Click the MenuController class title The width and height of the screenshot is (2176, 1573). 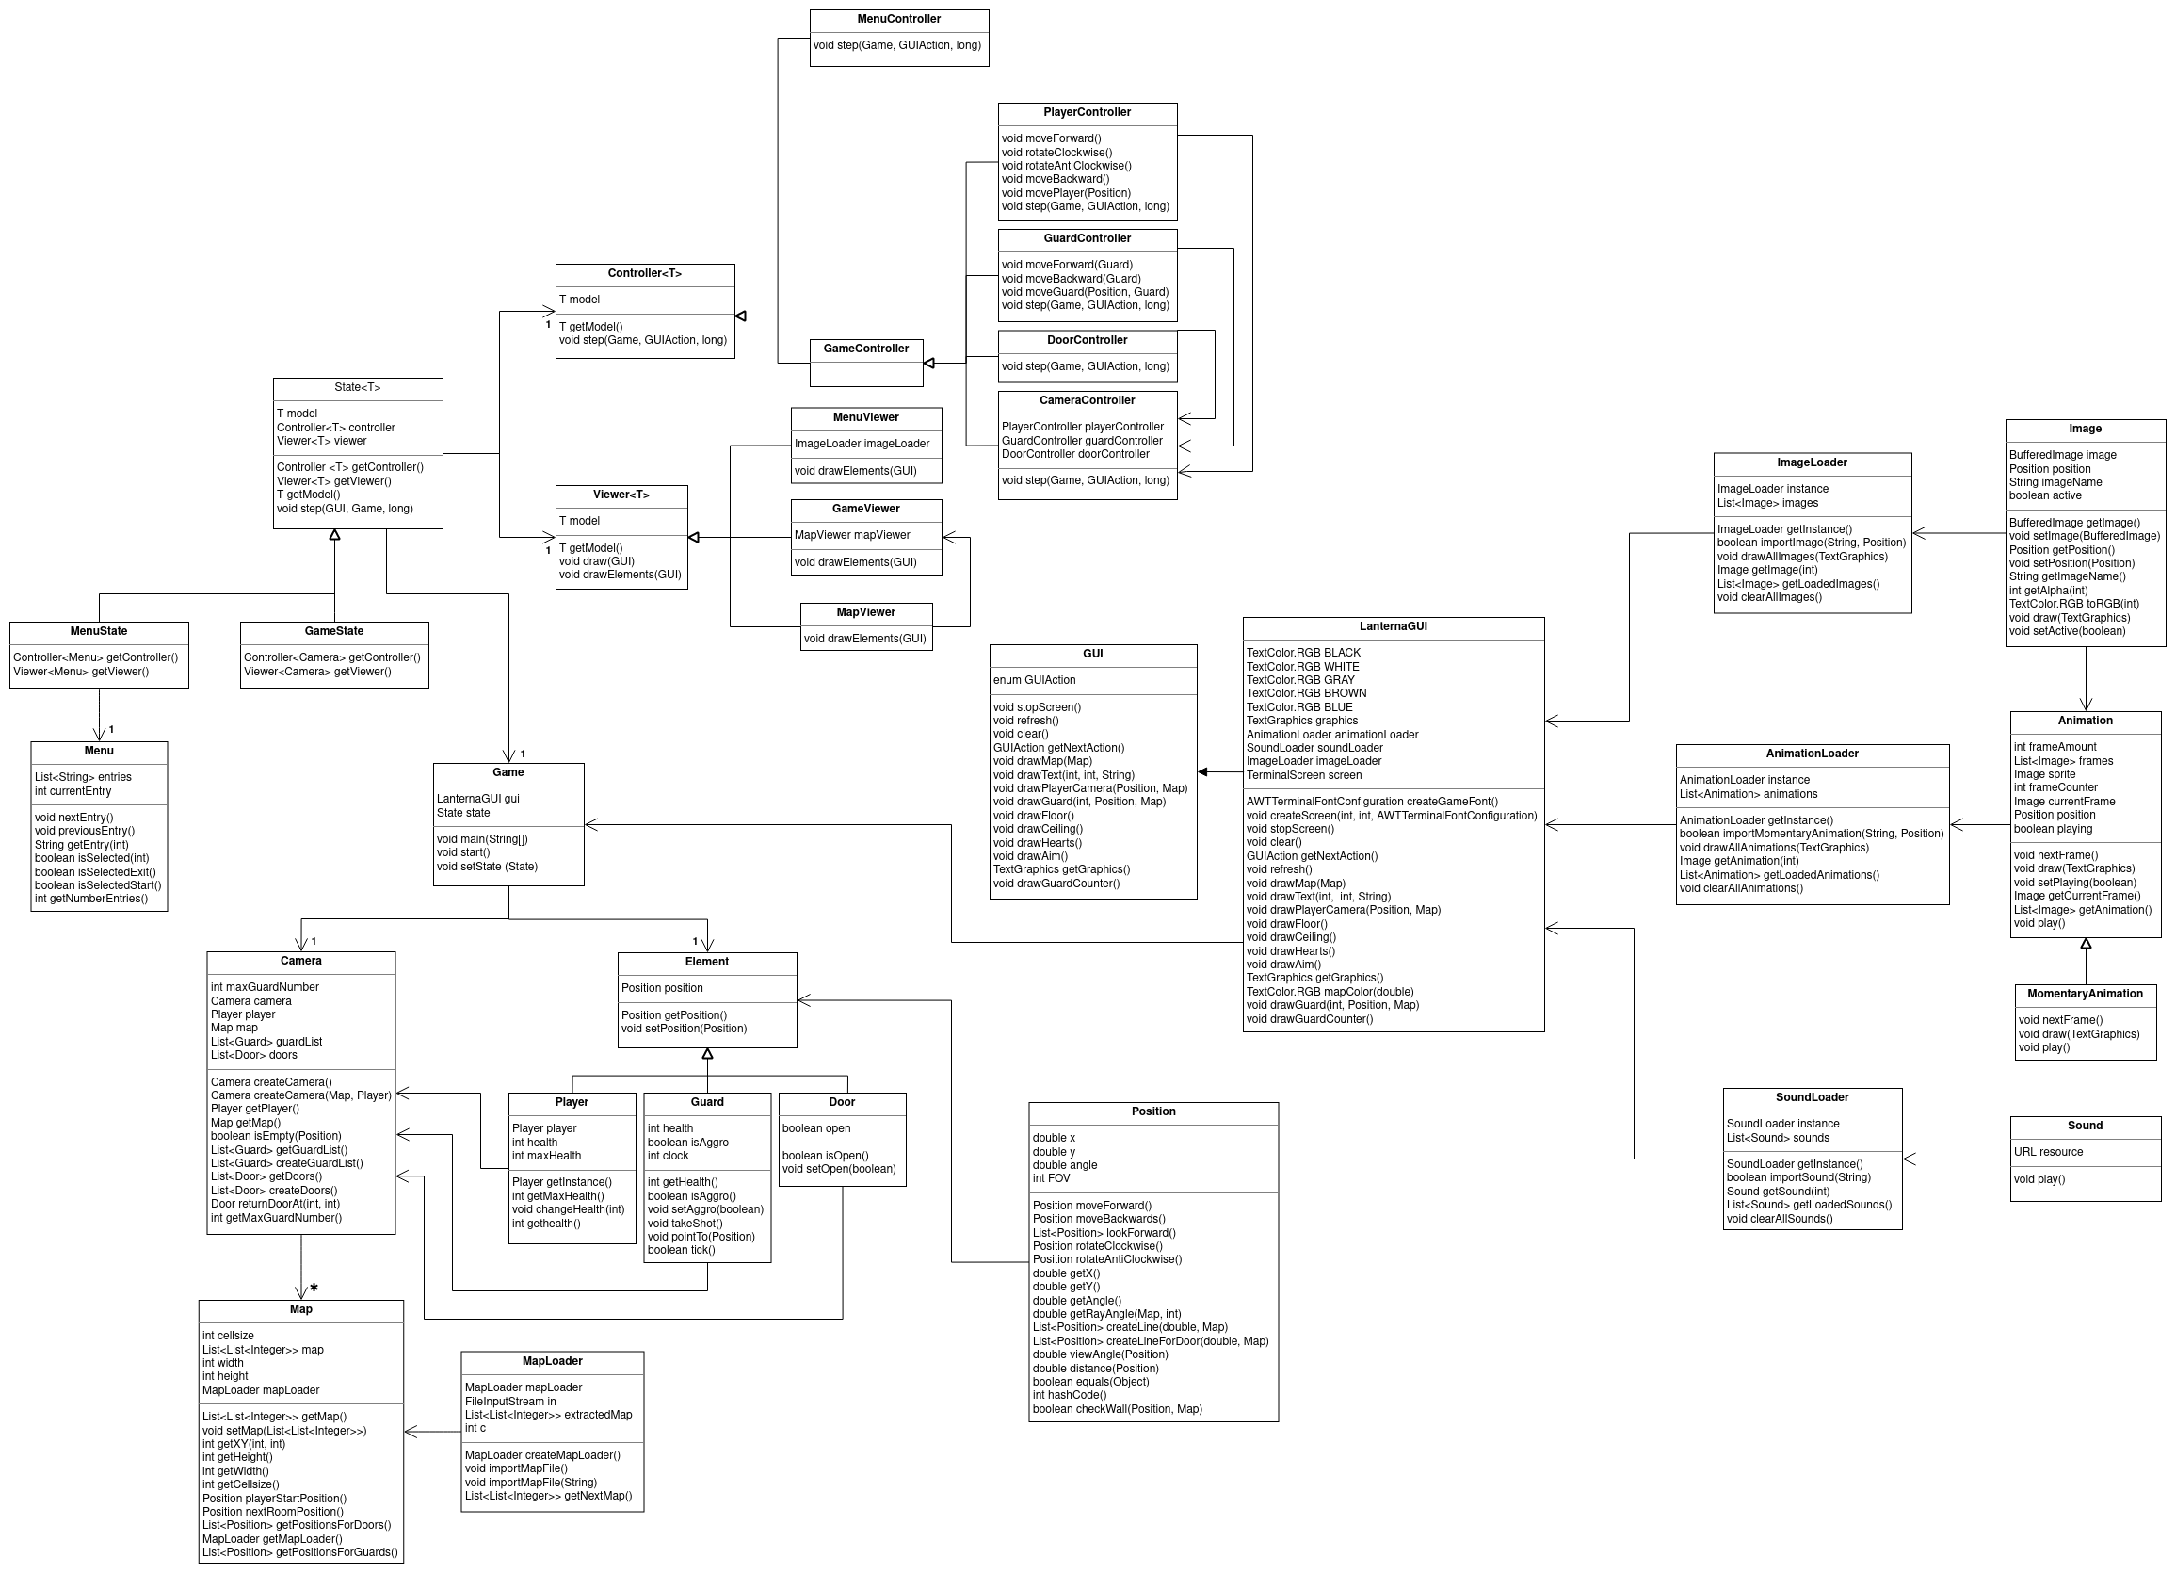pyautogui.click(x=898, y=19)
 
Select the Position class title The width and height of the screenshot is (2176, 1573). pyautogui.click(x=1152, y=1111)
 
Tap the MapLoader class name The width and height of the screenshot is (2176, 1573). pyautogui.click(x=552, y=1361)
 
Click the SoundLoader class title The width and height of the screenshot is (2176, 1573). pyautogui.click(x=1812, y=1097)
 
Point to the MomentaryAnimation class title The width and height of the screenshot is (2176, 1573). pyautogui.click(x=2085, y=994)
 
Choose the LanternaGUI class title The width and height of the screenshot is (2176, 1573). pyautogui.click(x=1393, y=626)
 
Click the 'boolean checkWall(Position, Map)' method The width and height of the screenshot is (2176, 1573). pyautogui.click(x=1117, y=1409)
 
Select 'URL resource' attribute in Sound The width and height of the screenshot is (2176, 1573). pyautogui.click(x=2048, y=1152)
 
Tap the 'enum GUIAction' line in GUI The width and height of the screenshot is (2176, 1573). pyautogui.click(x=1034, y=679)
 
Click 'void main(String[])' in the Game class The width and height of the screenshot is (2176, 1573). pyautogui.click(x=482, y=839)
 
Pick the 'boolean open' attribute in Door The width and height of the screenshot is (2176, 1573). pyautogui.click(x=815, y=1128)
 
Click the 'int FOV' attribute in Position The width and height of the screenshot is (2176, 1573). pyautogui.click(x=1051, y=1178)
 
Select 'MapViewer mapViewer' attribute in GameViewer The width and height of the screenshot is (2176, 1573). pyautogui.click(x=852, y=535)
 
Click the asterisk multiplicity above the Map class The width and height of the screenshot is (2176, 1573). pyautogui.click(x=314, y=1288)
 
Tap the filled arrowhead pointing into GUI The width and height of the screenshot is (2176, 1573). pyautogui.click(x=1203, y=771)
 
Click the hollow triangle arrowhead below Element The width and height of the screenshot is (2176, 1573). pyautogui.click(x=707, y=1054)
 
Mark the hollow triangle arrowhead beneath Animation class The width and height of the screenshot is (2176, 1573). pyautogui.click(x=2086, y=944)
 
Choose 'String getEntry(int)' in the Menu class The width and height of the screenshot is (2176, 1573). pyautogui.click(x=82, y=845)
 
